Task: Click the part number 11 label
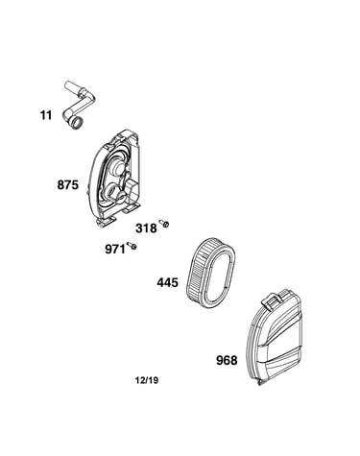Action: [46, 115]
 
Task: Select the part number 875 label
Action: [68, 185]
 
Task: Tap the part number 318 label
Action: [146, 228]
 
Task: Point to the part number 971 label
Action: [115, 249]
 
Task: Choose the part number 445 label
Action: [167, 282]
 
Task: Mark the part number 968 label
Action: [227, 360]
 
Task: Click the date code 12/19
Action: [147, 380]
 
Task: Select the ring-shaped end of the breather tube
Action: [77, 124]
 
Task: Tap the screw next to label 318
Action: [164, 224]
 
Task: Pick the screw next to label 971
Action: [132, 246]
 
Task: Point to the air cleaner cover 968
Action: [276, 337]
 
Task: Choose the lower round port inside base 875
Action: [112, 193]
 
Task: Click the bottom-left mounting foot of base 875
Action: [106, 222]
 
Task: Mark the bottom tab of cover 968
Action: [262, 382]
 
